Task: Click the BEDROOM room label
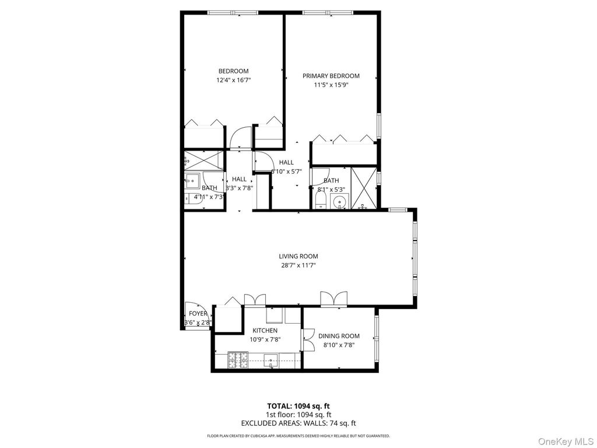pos(233,71)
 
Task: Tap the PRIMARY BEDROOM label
pos(331,76)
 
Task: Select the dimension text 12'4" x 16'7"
pos(233,80)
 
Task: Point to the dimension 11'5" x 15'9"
pos(331,85)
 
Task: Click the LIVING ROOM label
pos(298,256)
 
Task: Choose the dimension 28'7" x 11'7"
pos(298,265)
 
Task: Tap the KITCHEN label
pos(265,330)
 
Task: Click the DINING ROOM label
pos(339,336)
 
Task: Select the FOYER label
pos(198,314)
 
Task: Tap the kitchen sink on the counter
pos(271,360)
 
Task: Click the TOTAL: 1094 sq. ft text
pos(298,405)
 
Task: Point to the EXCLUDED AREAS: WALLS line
pos(298,423)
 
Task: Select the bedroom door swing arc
pos(239,140)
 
